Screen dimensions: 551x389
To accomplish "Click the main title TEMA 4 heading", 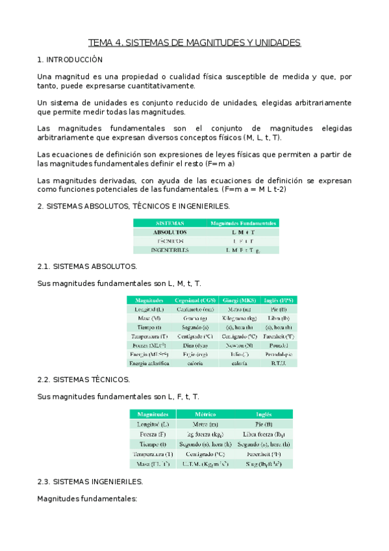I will (194, 43).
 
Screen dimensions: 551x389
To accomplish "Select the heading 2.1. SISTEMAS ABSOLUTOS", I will (86, 266).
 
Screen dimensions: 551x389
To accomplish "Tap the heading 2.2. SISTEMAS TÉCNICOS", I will (84, 379).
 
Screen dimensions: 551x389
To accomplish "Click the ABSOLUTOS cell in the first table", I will (170, 231).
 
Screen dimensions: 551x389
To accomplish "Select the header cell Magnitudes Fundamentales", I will (244, 223).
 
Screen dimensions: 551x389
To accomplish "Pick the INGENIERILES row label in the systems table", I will (170, 250).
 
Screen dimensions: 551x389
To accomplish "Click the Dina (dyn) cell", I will (195, 346).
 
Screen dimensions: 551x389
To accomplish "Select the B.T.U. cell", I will (279, 364).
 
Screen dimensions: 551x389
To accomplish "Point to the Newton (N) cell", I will (238, 346).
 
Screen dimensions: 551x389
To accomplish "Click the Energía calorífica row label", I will (149, 364).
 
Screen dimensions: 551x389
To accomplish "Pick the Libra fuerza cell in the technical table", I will (264, 433).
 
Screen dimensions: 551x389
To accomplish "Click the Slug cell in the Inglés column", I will (264, 464).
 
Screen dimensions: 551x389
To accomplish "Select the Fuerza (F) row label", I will (153, 433).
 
